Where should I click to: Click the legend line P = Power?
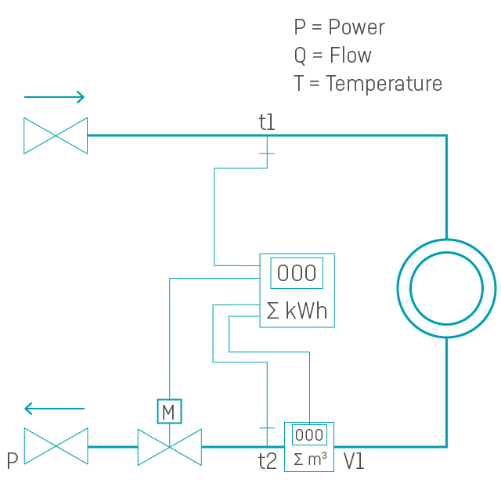pyautogui.click(x=339, y=27)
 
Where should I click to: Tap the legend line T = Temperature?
pyautogui.click(x=368, y=84)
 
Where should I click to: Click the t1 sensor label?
pyautogui.click(x=267, y=122)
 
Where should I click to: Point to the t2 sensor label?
pyautogui.click(x=268, y=461)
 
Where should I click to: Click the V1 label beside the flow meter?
pyautogui.click(x=354, y=461)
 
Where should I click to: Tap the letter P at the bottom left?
pyautogui.click(x=13, y=461)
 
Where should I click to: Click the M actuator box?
pyautogui.click(x=169, y=411)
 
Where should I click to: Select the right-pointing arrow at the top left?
pyautogui.click(x=54, y=97)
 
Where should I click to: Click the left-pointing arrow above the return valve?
pyautogui.click(x=54, y=409)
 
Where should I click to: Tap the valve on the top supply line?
pyautogui.click(x=56, y=135)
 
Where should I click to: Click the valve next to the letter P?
pyautogui.click(x=56, y=446)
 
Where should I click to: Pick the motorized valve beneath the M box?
pyautogui.click(x=169, y=447)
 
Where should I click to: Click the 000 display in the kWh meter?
pyautogui.click(x=297, y=273)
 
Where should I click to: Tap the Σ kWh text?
pyautogui.click(x=297, y=311)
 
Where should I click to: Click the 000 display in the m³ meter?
pyautogui.click(x=309, y=435)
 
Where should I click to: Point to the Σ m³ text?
pyautogui.click(x=309, y=459)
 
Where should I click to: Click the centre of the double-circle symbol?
pyautogui.click(x=446, y=288)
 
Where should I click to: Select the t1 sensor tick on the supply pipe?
pyautogui.click(x=267, y=153)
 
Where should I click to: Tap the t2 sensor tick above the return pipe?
pyautogui.click(x=267, y=427)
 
